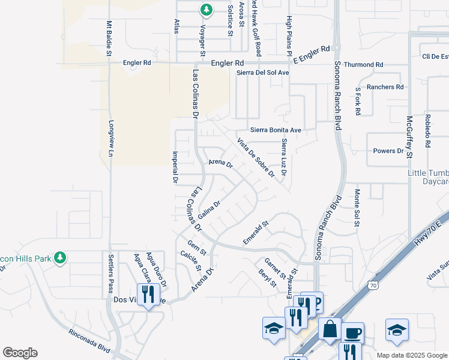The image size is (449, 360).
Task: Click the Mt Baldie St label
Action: tap(109, 39)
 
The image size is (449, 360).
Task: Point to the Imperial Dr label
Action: tap(175, 166)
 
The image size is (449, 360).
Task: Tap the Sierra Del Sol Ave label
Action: tap(263, 73)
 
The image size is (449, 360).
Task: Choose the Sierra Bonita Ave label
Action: tap(276, 130)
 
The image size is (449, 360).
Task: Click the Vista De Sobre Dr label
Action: tap(256, 158)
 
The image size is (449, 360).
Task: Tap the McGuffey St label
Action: tap(409, 136)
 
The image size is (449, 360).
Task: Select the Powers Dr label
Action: tap(388, 151)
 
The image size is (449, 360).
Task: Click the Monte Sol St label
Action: tap(357, 208)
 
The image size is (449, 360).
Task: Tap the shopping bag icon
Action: tap(330, 329)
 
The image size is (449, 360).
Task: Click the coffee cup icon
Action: tap(352, 332)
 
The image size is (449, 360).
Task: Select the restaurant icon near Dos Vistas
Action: tap(149, 295)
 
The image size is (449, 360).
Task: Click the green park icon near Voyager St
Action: tap(206, 10)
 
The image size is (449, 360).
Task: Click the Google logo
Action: tap(20, 353)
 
